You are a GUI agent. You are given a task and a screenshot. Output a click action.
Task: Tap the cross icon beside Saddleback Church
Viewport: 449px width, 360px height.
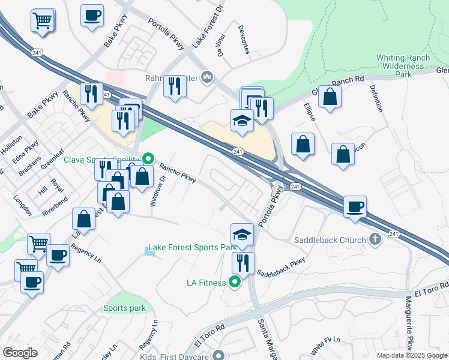(x=375, y=240)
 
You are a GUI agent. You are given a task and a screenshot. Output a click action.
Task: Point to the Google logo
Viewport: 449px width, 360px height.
(x=20, y=353)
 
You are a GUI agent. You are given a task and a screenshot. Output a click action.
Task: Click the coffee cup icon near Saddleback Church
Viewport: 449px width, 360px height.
(x=355, y=206)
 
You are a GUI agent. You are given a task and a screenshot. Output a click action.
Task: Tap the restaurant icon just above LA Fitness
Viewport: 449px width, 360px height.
(x=243, y=263)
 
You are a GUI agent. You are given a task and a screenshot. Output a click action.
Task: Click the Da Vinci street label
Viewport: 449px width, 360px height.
(x=221, y=45)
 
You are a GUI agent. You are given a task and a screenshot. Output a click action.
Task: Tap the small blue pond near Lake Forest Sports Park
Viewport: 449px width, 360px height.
(x=150, y=252)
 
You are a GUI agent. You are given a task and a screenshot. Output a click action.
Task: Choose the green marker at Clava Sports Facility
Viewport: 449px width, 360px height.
(x=145, y=160)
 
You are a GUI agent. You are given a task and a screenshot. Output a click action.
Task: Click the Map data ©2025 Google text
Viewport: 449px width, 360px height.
(x=412, y=355)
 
